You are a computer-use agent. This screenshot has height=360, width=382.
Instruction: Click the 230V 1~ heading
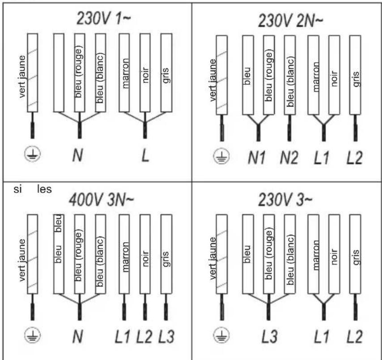[x=103, y=19]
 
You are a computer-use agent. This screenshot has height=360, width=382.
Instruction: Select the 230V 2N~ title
[x=290, y=21]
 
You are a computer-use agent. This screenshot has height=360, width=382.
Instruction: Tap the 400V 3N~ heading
[x=102, y=200]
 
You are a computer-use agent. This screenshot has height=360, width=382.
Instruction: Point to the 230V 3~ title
[x=285, y=200]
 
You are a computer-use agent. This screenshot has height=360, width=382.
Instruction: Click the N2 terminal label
[x=289, y=158]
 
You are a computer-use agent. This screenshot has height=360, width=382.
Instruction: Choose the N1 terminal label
[x=257, y=158]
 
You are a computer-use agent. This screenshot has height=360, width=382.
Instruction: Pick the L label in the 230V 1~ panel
[x=145, y=155]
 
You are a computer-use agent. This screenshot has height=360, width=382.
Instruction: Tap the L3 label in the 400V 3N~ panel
[x=166, y=337]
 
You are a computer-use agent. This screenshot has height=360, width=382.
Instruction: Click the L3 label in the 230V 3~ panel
[x=269, y=337]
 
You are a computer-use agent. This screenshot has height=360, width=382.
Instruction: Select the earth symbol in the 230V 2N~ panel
[x=221, y=156]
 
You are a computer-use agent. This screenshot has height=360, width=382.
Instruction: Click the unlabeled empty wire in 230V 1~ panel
[x=59, y=73]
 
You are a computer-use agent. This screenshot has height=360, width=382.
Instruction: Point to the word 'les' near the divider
[x=44, y=189]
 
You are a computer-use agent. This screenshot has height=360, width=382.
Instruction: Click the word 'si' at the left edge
[x=17, y=189]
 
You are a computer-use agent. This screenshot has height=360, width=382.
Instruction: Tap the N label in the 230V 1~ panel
[x=78, y=155]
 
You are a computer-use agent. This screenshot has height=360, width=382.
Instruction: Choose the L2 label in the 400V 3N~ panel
[x=144, y=337]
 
